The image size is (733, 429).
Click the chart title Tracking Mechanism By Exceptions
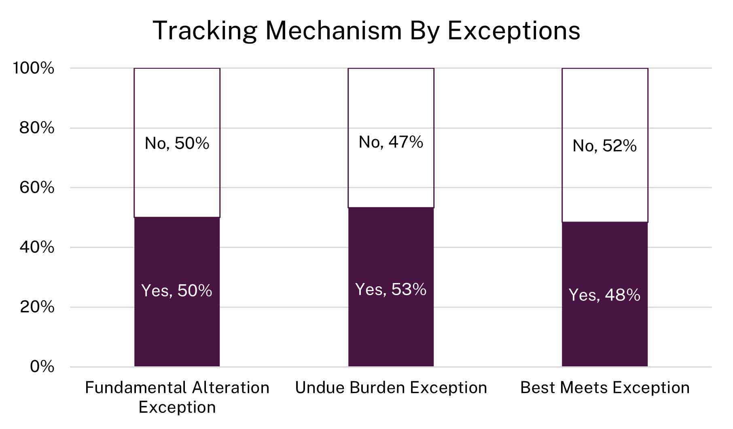tap(366, 30)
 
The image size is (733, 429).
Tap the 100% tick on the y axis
tap(33, 68)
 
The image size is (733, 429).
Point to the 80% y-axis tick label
tap(36, 128)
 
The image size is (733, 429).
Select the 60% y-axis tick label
tap(36, 188)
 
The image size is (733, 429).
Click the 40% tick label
tap(36, 247)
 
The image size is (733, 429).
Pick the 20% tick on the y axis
tap(36, 307)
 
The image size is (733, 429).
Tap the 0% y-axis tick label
tap(42, 367)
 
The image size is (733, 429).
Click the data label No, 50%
tap(177, 143)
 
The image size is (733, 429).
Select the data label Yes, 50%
tap(177, 291)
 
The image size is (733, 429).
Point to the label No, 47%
tap(391, 142)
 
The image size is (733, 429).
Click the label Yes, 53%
tap(391, 289)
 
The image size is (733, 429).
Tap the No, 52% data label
tap(604, 146)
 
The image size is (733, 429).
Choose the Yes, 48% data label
tap(604, 295)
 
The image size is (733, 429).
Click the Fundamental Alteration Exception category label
tap(177, 397)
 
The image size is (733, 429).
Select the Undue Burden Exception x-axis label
tap(391, 387)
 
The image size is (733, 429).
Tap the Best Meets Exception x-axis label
tap(604, 387)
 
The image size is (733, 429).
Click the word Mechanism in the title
tap(333, 30)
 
